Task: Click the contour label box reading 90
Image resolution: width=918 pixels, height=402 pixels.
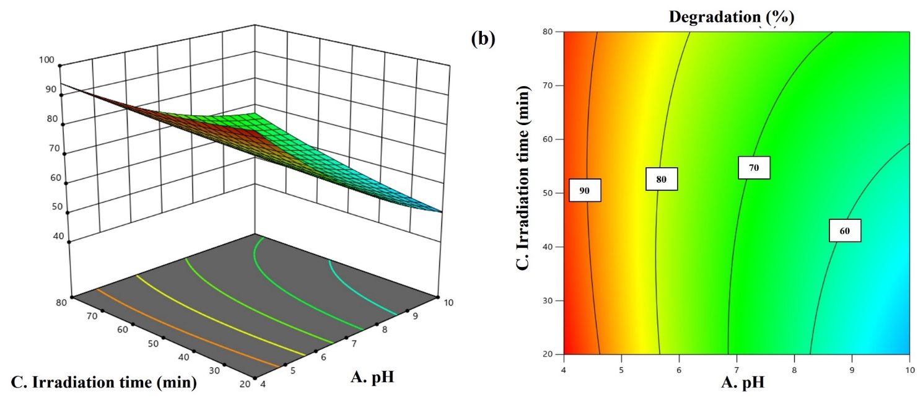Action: point(584,191)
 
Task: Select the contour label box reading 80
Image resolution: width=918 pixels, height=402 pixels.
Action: point(661,179)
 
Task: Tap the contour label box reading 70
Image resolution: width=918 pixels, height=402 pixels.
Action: point(753,167)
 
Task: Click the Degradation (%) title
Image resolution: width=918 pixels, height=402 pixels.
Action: point(731,17)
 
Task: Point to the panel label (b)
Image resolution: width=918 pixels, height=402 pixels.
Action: point(483,39)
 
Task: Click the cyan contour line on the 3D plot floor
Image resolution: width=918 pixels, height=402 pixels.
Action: point(359,285)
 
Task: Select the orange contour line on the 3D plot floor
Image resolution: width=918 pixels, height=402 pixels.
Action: point(186,328)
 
